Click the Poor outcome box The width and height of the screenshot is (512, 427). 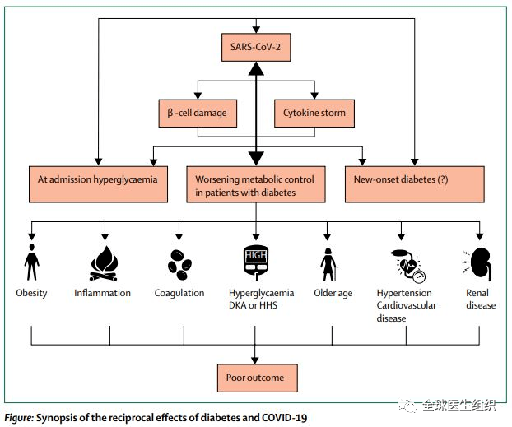[x=255, y=378]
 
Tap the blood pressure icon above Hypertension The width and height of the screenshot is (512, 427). [x=403, y=264]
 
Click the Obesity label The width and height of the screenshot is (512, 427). [x=32, y=293]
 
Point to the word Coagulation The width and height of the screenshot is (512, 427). [x=179, y=293]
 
